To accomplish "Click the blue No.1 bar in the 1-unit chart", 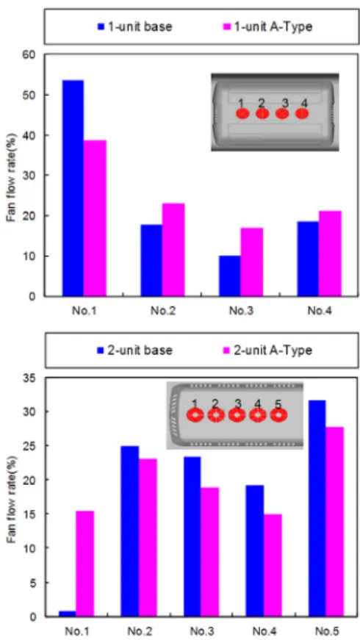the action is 73,188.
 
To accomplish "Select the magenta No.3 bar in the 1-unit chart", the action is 251,262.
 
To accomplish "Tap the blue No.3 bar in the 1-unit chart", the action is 229,276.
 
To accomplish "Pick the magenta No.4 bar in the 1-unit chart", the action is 330,253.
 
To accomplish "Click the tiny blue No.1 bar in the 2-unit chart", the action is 67,613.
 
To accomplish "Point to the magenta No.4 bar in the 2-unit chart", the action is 273,565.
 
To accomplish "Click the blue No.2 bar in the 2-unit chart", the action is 130,531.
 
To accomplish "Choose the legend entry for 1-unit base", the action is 134,27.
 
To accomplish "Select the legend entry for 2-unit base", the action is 134,350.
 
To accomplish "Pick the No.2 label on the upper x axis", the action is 162,311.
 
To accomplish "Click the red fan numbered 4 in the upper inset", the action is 301,113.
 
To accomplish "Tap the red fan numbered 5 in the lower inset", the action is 278,415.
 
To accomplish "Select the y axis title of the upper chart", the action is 12,176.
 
